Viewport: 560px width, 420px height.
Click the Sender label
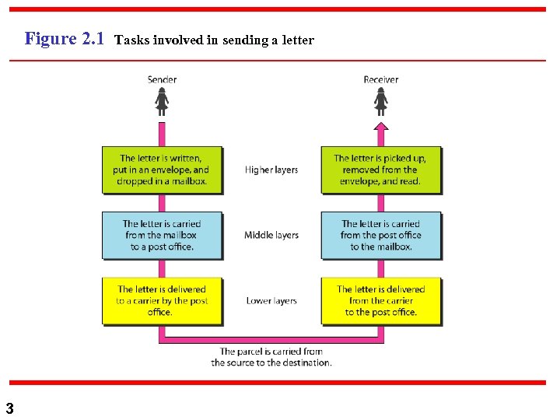(x=162, y=79)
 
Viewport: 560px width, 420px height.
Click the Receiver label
(x=380, y=79)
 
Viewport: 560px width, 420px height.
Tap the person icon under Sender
(x=162, y=101)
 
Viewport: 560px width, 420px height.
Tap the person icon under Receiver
(x=380, y=101)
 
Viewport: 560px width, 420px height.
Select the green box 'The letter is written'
(x=162, y=170)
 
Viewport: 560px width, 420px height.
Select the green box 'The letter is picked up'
(x=380, y=170)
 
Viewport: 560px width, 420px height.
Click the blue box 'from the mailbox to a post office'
(x=162, y=235)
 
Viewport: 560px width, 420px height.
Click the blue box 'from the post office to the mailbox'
(x=380, y=235)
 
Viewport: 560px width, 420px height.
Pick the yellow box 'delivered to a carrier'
(x=162, y=300)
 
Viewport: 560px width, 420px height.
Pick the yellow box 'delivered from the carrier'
(x=380, y=300)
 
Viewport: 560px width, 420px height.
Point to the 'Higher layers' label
(x=271, y=170)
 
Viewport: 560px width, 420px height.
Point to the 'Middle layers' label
(x=271, y=235)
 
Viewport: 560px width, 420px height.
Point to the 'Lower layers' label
(x=271, y=300)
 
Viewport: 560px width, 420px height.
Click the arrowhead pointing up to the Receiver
(x=380, y=127)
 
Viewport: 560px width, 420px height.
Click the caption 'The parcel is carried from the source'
(x=271, y=357)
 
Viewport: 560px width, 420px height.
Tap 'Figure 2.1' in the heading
(x=65, y=38)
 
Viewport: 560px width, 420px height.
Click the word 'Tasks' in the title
(x=132, y=40)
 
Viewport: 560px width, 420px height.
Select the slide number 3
(x=9, y=408)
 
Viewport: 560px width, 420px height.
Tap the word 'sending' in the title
(x=243, y=40)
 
